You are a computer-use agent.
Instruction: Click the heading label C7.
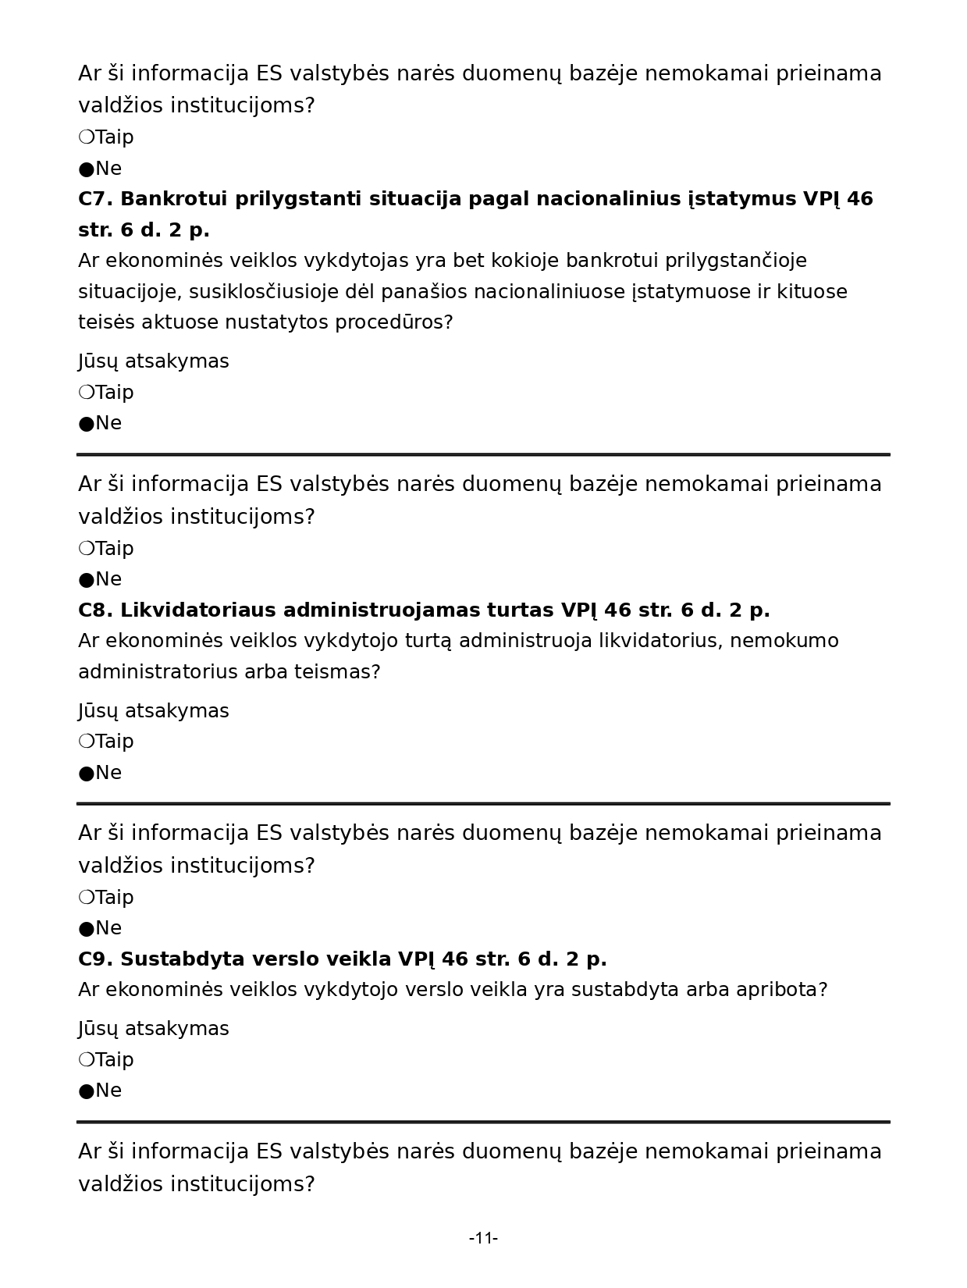95,199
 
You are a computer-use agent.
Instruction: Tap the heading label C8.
95,610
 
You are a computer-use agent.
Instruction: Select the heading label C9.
95,959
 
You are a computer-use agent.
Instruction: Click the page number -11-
483,1237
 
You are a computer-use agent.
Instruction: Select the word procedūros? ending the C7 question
393,322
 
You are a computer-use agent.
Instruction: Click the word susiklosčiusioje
266,292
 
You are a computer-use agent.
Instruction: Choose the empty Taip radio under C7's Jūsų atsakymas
86,392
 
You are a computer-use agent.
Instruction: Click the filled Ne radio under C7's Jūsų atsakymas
86,424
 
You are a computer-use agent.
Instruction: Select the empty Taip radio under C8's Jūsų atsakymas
86,741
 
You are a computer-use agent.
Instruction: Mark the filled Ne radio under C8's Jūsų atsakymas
86,774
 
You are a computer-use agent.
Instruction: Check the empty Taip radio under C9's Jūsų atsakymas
86,1059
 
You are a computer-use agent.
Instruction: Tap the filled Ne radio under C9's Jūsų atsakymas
86,1091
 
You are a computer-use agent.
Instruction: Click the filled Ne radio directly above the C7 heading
86,169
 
